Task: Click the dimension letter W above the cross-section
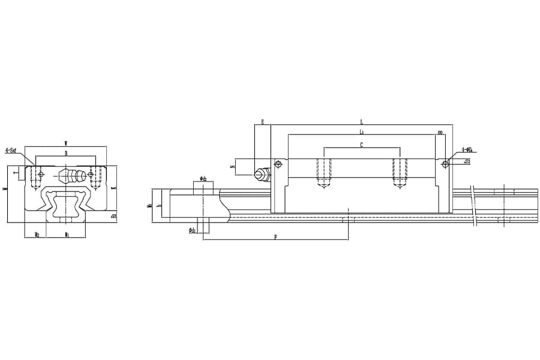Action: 65,143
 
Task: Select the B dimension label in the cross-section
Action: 65,154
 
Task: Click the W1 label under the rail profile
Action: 67,234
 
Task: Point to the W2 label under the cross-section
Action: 37,234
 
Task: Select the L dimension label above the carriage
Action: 361,122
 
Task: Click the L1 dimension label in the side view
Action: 361,131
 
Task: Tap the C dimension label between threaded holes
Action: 361,145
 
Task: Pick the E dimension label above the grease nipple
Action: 262,122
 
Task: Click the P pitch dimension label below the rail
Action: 275,237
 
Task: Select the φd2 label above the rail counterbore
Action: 203,179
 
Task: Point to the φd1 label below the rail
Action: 192,230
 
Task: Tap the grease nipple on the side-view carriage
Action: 261,173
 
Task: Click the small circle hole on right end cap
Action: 445,163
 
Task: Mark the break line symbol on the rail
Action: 475,207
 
